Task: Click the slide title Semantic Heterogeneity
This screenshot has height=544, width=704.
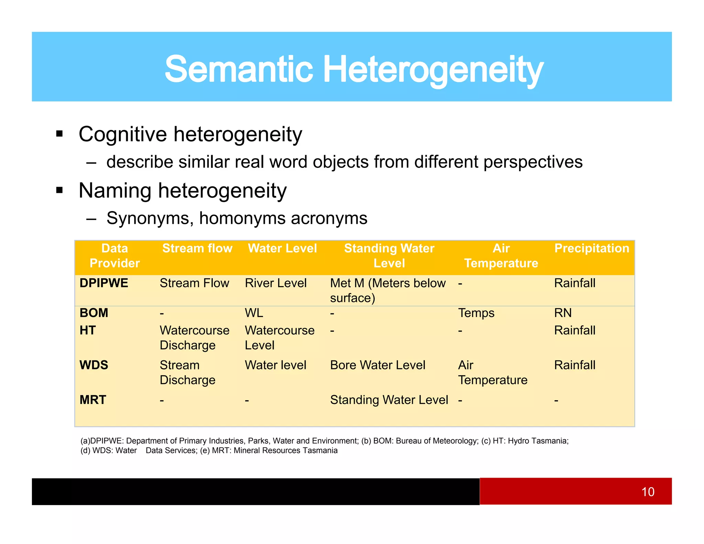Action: coord(354,69)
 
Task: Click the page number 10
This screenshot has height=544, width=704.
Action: coord(648,492)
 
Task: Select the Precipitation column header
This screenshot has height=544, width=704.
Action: coord(592,248)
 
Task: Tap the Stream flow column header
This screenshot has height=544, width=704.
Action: coord(197,248)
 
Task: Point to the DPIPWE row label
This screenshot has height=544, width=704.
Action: coord(104,283)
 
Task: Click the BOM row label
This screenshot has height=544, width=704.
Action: coord(94,313)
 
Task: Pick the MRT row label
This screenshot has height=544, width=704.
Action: coord(93,400)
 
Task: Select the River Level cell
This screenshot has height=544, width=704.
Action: coord(275,283)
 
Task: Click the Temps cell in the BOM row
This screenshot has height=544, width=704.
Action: coord(476,313)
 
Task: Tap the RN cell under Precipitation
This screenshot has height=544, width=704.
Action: coord(563,313)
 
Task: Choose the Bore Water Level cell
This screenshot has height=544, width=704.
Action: coord(377,365)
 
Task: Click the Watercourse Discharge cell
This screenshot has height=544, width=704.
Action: coord(194,338)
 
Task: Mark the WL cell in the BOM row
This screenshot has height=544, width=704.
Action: coord(254,313)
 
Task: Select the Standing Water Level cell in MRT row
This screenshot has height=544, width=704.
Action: coord(389,400)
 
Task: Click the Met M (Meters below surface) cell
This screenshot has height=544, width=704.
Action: coord(387,291)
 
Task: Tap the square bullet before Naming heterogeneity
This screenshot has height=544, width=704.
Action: coord(59,190)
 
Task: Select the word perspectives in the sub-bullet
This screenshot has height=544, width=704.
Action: coord(533,162)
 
